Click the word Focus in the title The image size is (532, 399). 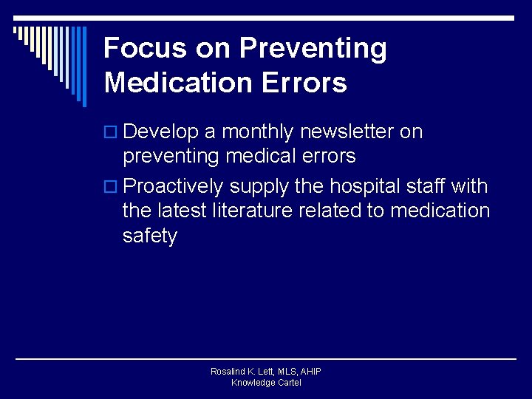click(x=145, y=49)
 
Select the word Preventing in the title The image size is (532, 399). click(x=313, y=49)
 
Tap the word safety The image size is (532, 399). click(x=150, y=236)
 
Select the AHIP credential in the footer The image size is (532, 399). click(x=310, y=372)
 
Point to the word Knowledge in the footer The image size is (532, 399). click(x=250, y=383)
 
